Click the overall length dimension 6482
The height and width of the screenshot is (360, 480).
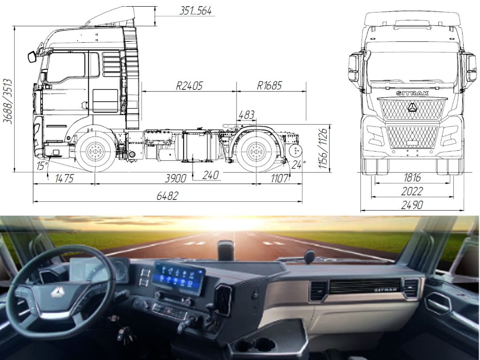167,196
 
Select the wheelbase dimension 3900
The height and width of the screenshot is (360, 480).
176,178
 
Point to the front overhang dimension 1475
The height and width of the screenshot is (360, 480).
64,178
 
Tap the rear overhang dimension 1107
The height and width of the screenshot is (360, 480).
280,178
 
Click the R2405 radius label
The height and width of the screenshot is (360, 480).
189,86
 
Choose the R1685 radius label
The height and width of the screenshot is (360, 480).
269,85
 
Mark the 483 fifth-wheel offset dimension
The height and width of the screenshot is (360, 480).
246,115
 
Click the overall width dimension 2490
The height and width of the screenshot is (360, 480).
412,205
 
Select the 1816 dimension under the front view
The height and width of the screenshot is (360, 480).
412,177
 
